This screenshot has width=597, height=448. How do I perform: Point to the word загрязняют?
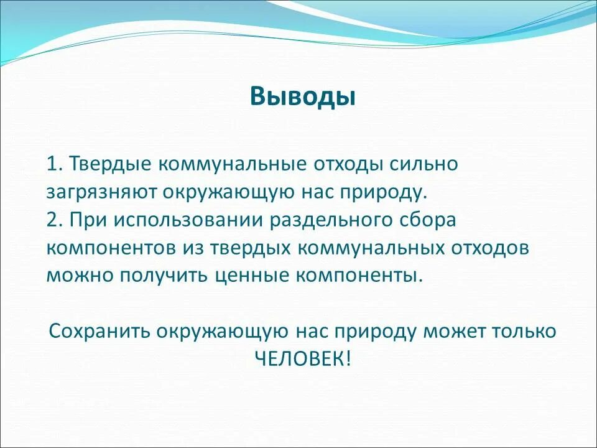coord(102,192)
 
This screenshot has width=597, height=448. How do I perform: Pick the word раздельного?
coord(331,219)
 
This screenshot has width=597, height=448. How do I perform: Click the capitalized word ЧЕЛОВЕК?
coord(302,358)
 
